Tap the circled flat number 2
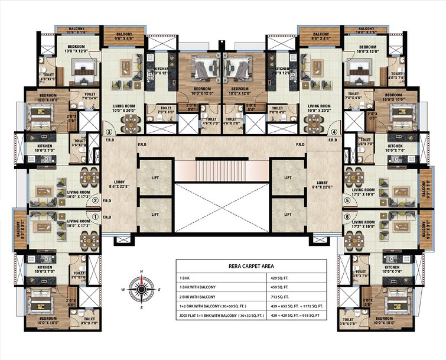pyautogui.click(x=95, y=200)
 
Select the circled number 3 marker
pyautogui.click(x=109, y=132)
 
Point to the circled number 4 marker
pyautogui.click(x=334, y=132)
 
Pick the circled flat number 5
pyautogui.click(x=347, y=200)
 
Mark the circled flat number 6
pyautogui.click(x=347, y=216)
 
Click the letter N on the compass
pyautogui.click(x=141, y=271)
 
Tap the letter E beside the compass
pyautogui.click(x=159, y=290)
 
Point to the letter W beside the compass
pyautogui.click(x=123, y=290)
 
